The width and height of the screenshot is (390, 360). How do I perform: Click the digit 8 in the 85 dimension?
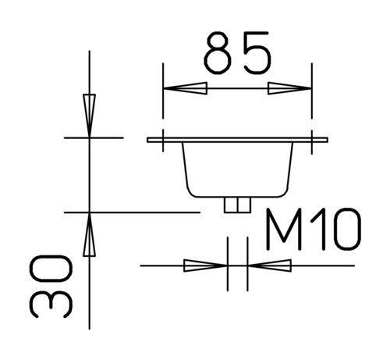tap(218, 52)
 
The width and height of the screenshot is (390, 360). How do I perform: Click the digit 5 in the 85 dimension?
tap(257, 52)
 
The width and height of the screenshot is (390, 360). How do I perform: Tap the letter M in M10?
tap(284, 230)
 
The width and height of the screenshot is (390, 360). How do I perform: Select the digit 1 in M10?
tap(320, 230)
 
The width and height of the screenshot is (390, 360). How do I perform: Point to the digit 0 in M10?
tap(348, 230)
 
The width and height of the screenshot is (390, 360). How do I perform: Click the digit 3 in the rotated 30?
tap(51, 305)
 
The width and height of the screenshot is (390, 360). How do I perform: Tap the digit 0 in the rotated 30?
tap(51, 269)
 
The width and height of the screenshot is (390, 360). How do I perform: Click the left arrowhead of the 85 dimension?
tap(185, 88)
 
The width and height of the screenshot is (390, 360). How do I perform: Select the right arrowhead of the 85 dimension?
tap(289, 88)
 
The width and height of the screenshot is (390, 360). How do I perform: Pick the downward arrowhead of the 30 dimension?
tap(89, 116)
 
